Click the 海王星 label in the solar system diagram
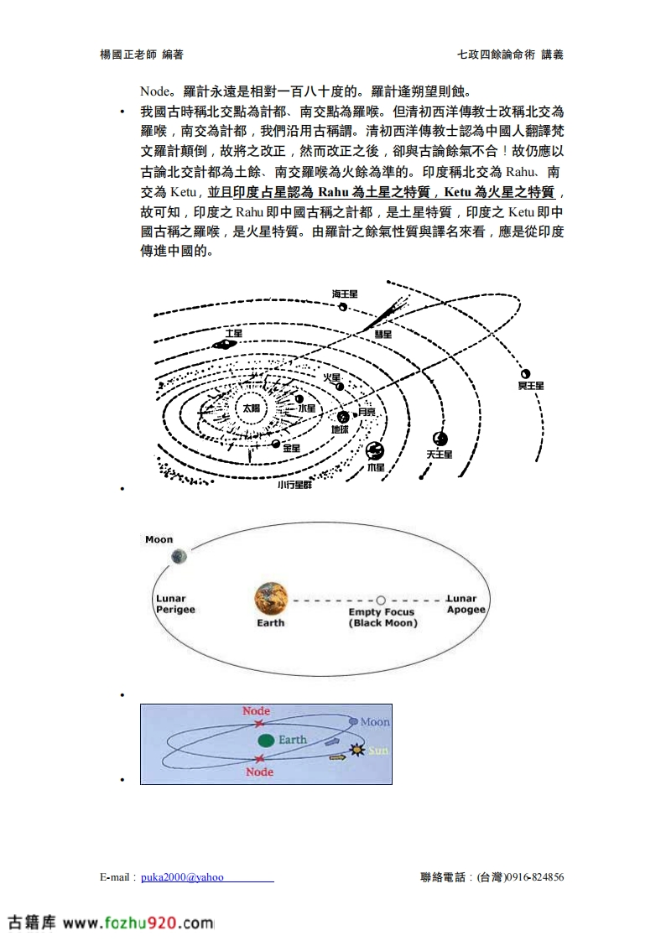click(344, 294)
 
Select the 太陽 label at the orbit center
click(251, 408)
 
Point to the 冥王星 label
click(531, 385)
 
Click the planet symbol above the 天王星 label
click(440, 439)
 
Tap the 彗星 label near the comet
click(382, 334)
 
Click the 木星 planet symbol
click(374, 450)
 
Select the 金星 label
click(290, 449)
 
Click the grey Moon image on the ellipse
click(178, 556)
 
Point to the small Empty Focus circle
click(381, 600)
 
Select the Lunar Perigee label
click(175, 604)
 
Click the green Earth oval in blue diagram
click(267, 740)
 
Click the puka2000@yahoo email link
click(182, 877)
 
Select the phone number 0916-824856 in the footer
click(533, 877)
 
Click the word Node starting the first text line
click(154, 91)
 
